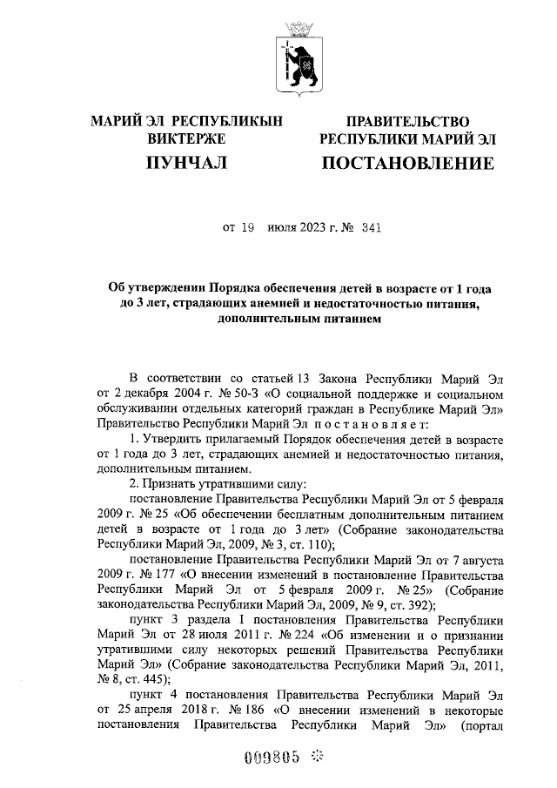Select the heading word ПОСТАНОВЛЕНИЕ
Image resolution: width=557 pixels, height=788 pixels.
[408, 163]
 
